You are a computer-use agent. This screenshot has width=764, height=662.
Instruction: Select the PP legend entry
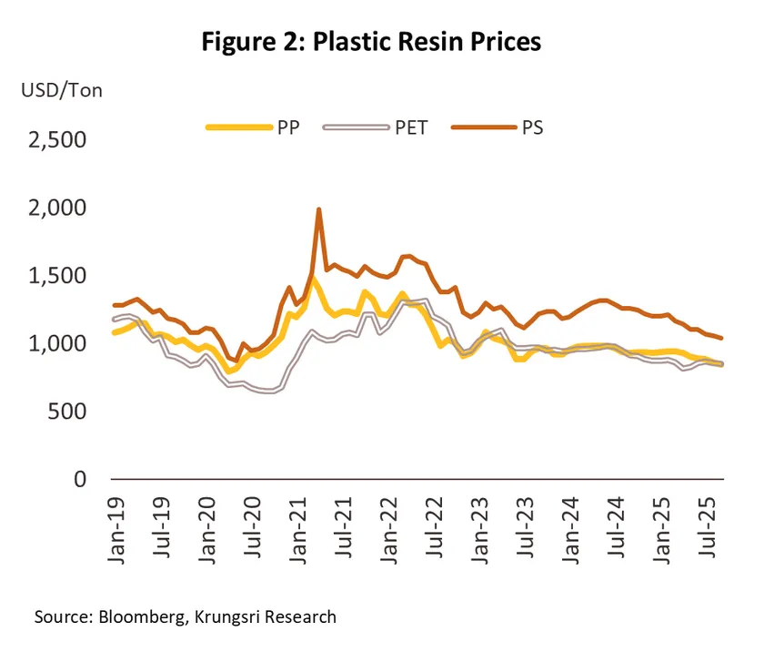[x=254, y=127]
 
